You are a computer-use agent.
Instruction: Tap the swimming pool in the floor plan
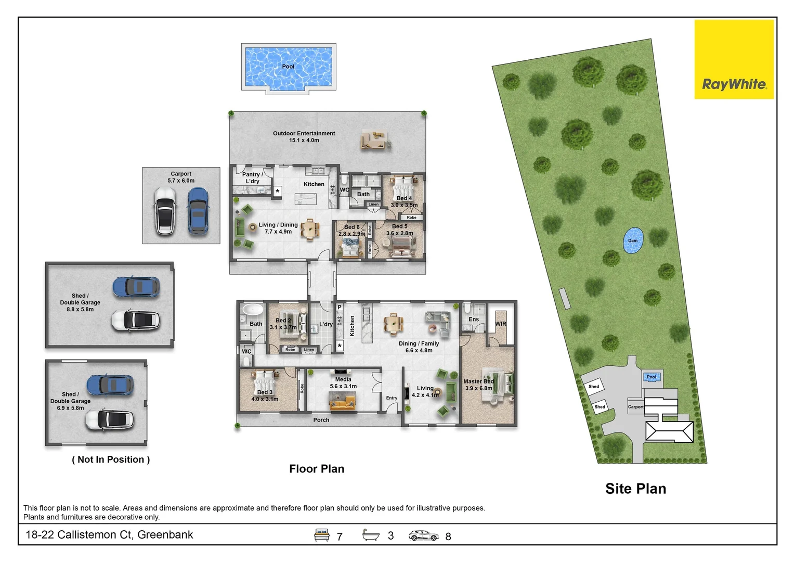[x=288, y=68]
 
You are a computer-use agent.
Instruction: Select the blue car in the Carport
[x=198, y=210]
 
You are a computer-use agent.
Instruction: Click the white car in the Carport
[x=165, y=210]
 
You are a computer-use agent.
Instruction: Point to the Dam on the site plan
[x=633, y=240]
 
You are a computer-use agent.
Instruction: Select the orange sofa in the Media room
[x=343, y=401]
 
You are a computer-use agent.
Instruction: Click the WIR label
[x=500, y=324]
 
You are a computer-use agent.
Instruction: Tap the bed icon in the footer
[x=322, y=535]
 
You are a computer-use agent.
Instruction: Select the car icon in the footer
[x=423, y=535]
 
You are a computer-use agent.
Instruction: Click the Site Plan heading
[x=635, y=489]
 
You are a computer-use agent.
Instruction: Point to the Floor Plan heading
[x=317, y=469]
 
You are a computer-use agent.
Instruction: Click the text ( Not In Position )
[x=111, y=459]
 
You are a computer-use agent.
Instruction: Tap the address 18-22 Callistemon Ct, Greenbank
[x=109, y=535]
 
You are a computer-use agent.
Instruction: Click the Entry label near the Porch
[x=392, y=398]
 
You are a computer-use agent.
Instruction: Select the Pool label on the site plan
[x=651, y=377]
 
